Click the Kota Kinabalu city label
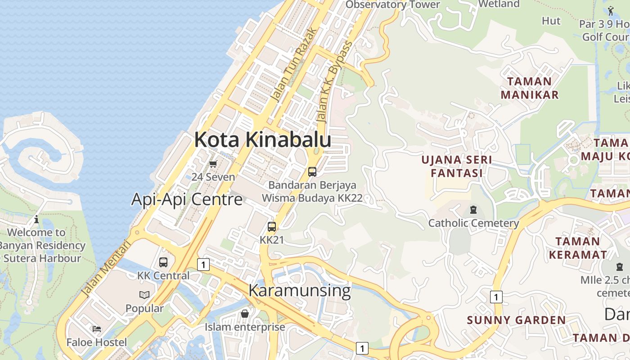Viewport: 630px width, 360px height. point(263,139)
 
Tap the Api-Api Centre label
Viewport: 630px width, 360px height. point(187,199)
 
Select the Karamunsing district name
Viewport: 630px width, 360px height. point(299,291)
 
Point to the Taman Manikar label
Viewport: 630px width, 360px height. point(529,88)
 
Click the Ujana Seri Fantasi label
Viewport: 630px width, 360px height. point(457,166)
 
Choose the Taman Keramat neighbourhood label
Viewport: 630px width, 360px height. point(577,248)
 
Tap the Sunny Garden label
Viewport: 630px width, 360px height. point(516,320)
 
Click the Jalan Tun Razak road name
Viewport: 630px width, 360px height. point(294,66)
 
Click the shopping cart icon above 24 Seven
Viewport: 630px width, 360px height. point(213,164)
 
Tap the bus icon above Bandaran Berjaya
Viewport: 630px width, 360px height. point(312,171)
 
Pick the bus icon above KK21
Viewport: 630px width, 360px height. point(272,226)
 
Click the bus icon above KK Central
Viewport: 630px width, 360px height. point(163,262)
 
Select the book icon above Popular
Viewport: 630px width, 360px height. point(144,295)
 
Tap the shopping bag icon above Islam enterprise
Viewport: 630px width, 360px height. point(245,313)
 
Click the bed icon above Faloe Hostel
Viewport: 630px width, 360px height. point(97,329)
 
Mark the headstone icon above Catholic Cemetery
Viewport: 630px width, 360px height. point(473,210)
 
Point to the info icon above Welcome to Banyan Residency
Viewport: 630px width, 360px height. point(36,220)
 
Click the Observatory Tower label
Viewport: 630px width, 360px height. point(392,5)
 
